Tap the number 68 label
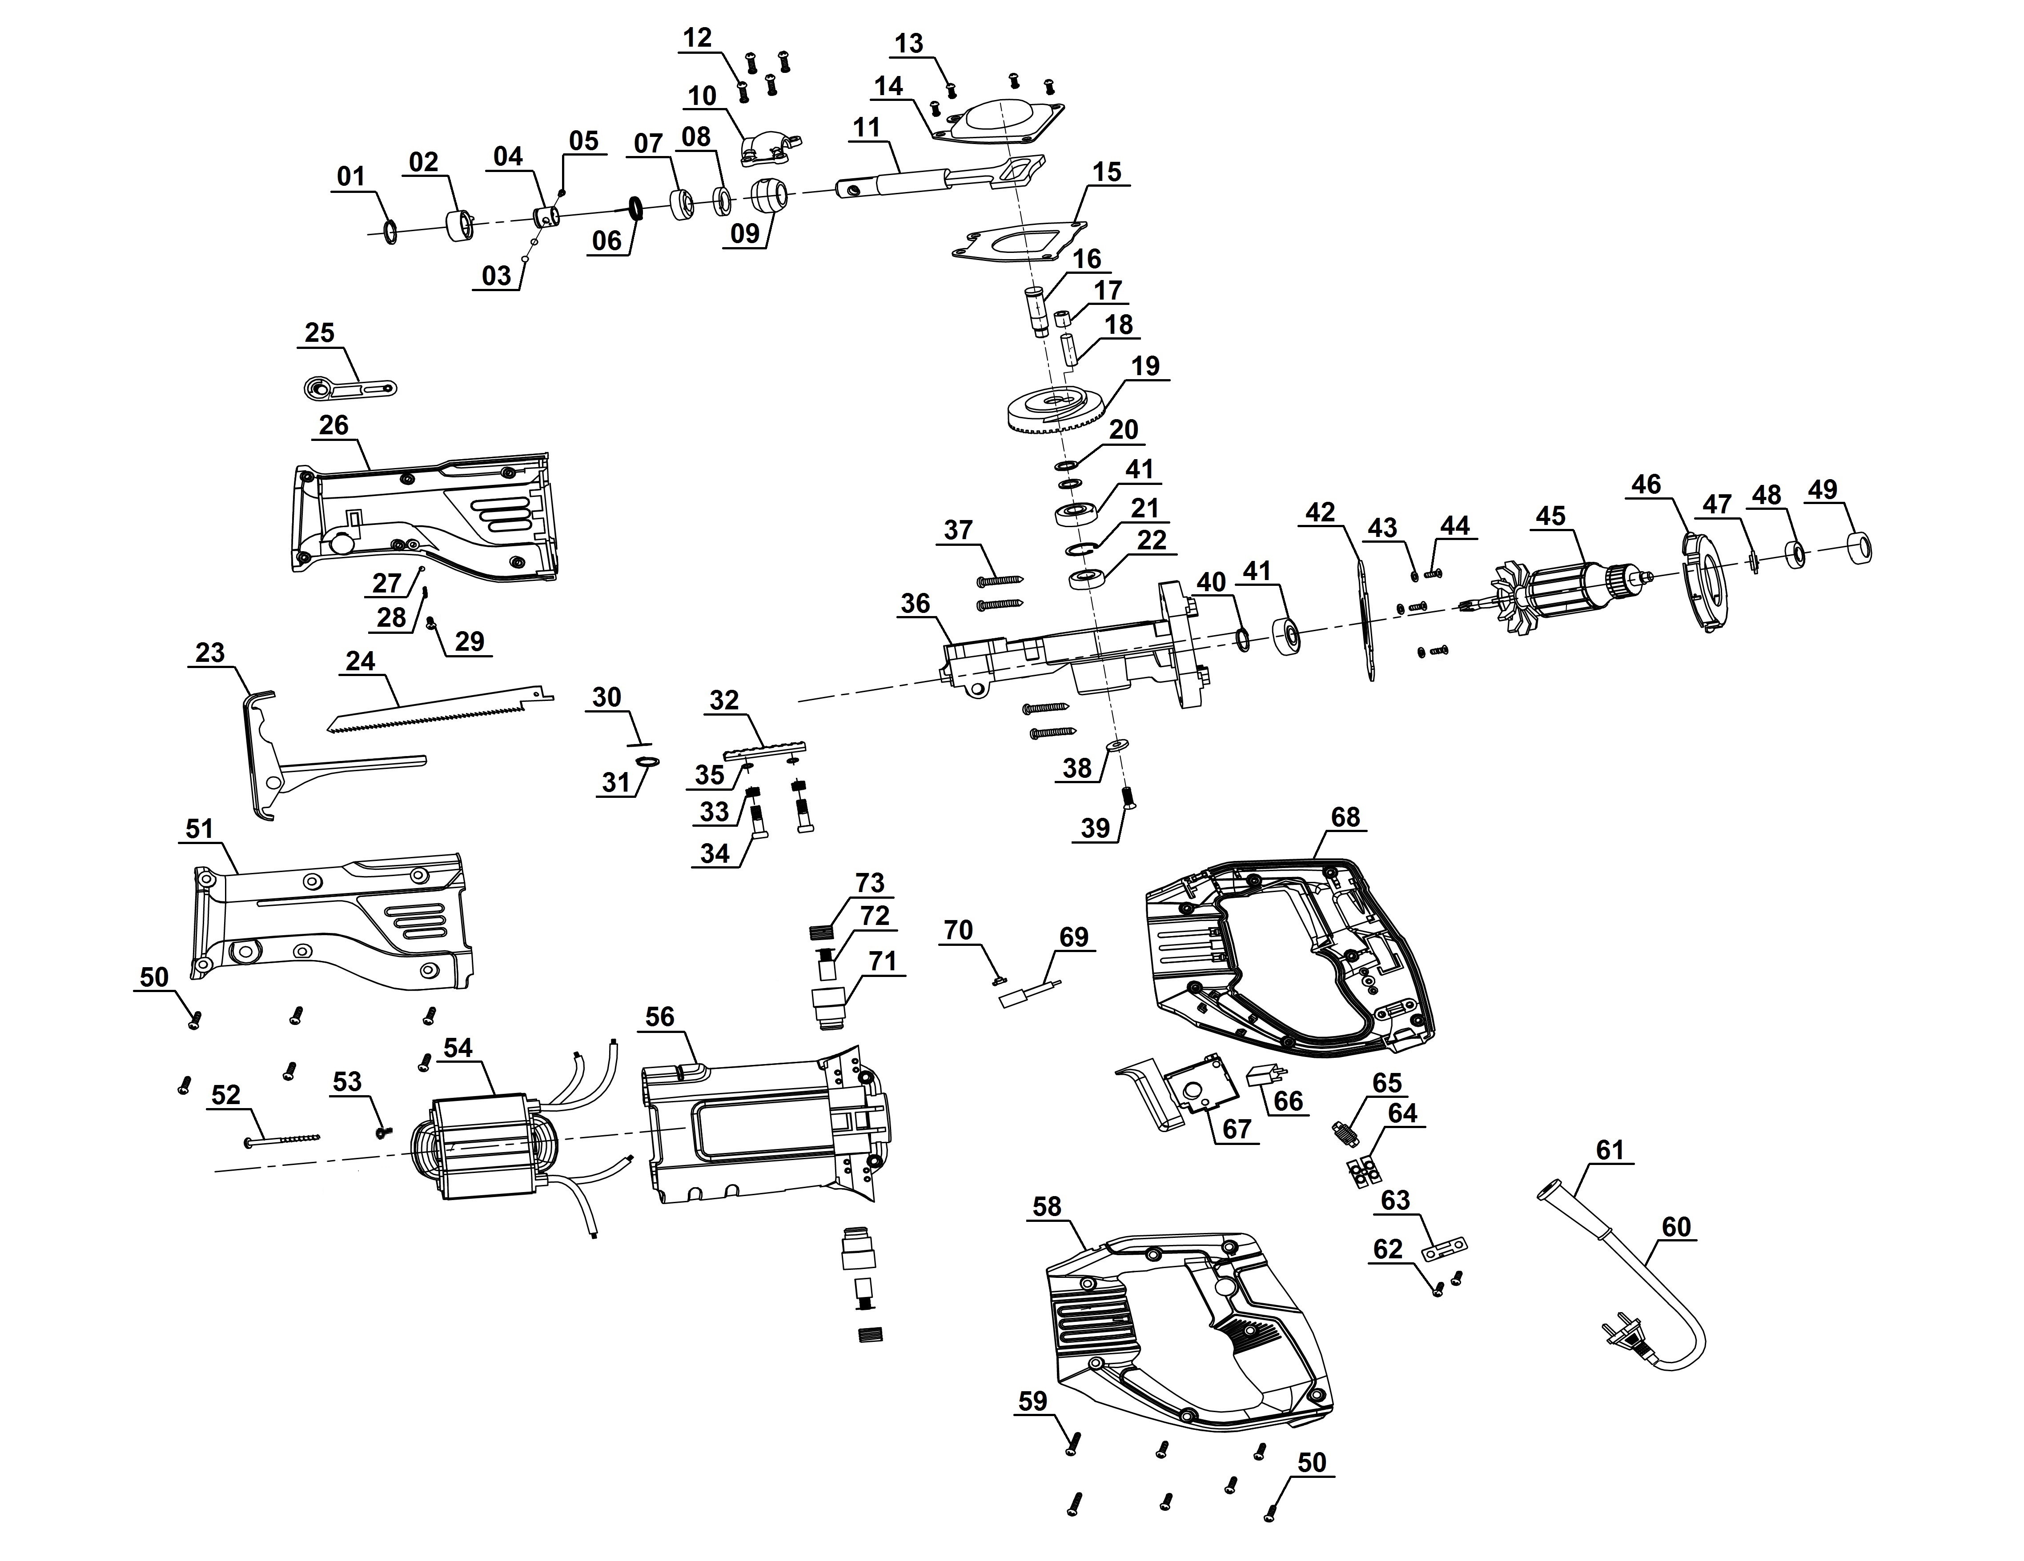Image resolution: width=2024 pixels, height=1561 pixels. [x=1345, y=817]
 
